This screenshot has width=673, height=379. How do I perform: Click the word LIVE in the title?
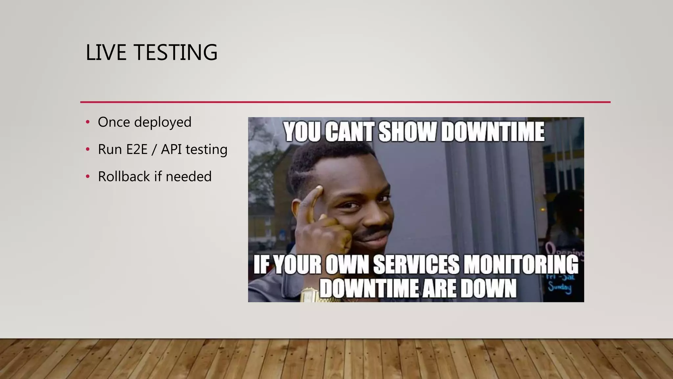point(106,53)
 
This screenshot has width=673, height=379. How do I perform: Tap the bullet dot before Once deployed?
point(87,122)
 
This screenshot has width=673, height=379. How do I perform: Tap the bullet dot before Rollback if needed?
point(87,177)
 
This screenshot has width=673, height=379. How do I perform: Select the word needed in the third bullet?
point(189,177)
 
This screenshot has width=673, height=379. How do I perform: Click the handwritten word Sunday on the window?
point(559,288)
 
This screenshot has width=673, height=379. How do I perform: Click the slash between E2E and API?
point(154,150)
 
